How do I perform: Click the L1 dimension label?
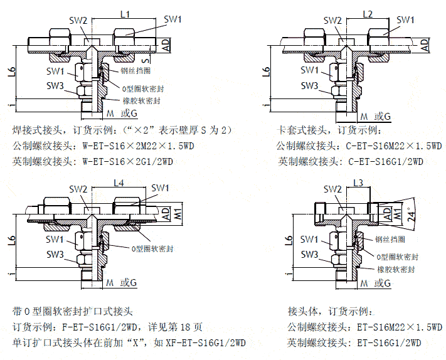pyautogui.click(x=125, y=14)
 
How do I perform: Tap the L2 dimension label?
pyautogui.click(x=368, y=14)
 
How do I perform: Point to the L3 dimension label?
pyautogui.click(x=358, y=183)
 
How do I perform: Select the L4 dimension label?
pyautogui.click(x=119, y=183)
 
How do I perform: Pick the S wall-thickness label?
pyautogui.click(x=146, y=60)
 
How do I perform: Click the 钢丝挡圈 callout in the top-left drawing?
pyautogui.click(x=135, y=70)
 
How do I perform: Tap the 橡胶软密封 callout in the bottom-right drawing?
pyautogui.click(x=396, y=269)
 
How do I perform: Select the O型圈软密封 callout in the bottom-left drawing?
pyautogui.click(x=152, y=249)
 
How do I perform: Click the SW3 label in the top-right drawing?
pyautogui.click(x=309, y=85)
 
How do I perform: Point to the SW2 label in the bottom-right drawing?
pyautogui.click(x=332, y=189)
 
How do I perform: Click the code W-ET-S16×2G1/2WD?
pyautogui.click(x=128, y=162)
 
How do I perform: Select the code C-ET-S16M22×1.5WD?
pyautogui.click(x=394, y=146)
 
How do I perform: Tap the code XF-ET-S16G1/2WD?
pyautogui.click(x=205, y=342)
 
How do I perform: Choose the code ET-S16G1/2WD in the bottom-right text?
pyautogui.click(x=389, y=342)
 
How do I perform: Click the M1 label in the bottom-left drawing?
pyautogui.click(x=178, y=214)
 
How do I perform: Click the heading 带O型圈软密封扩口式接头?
pyautogui.click(x=73, y=311)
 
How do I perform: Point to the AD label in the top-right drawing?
pyautogui.click(x=425, y=45)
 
